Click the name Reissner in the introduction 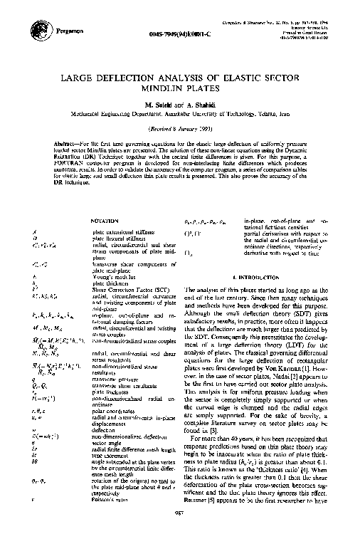point(199,511)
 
